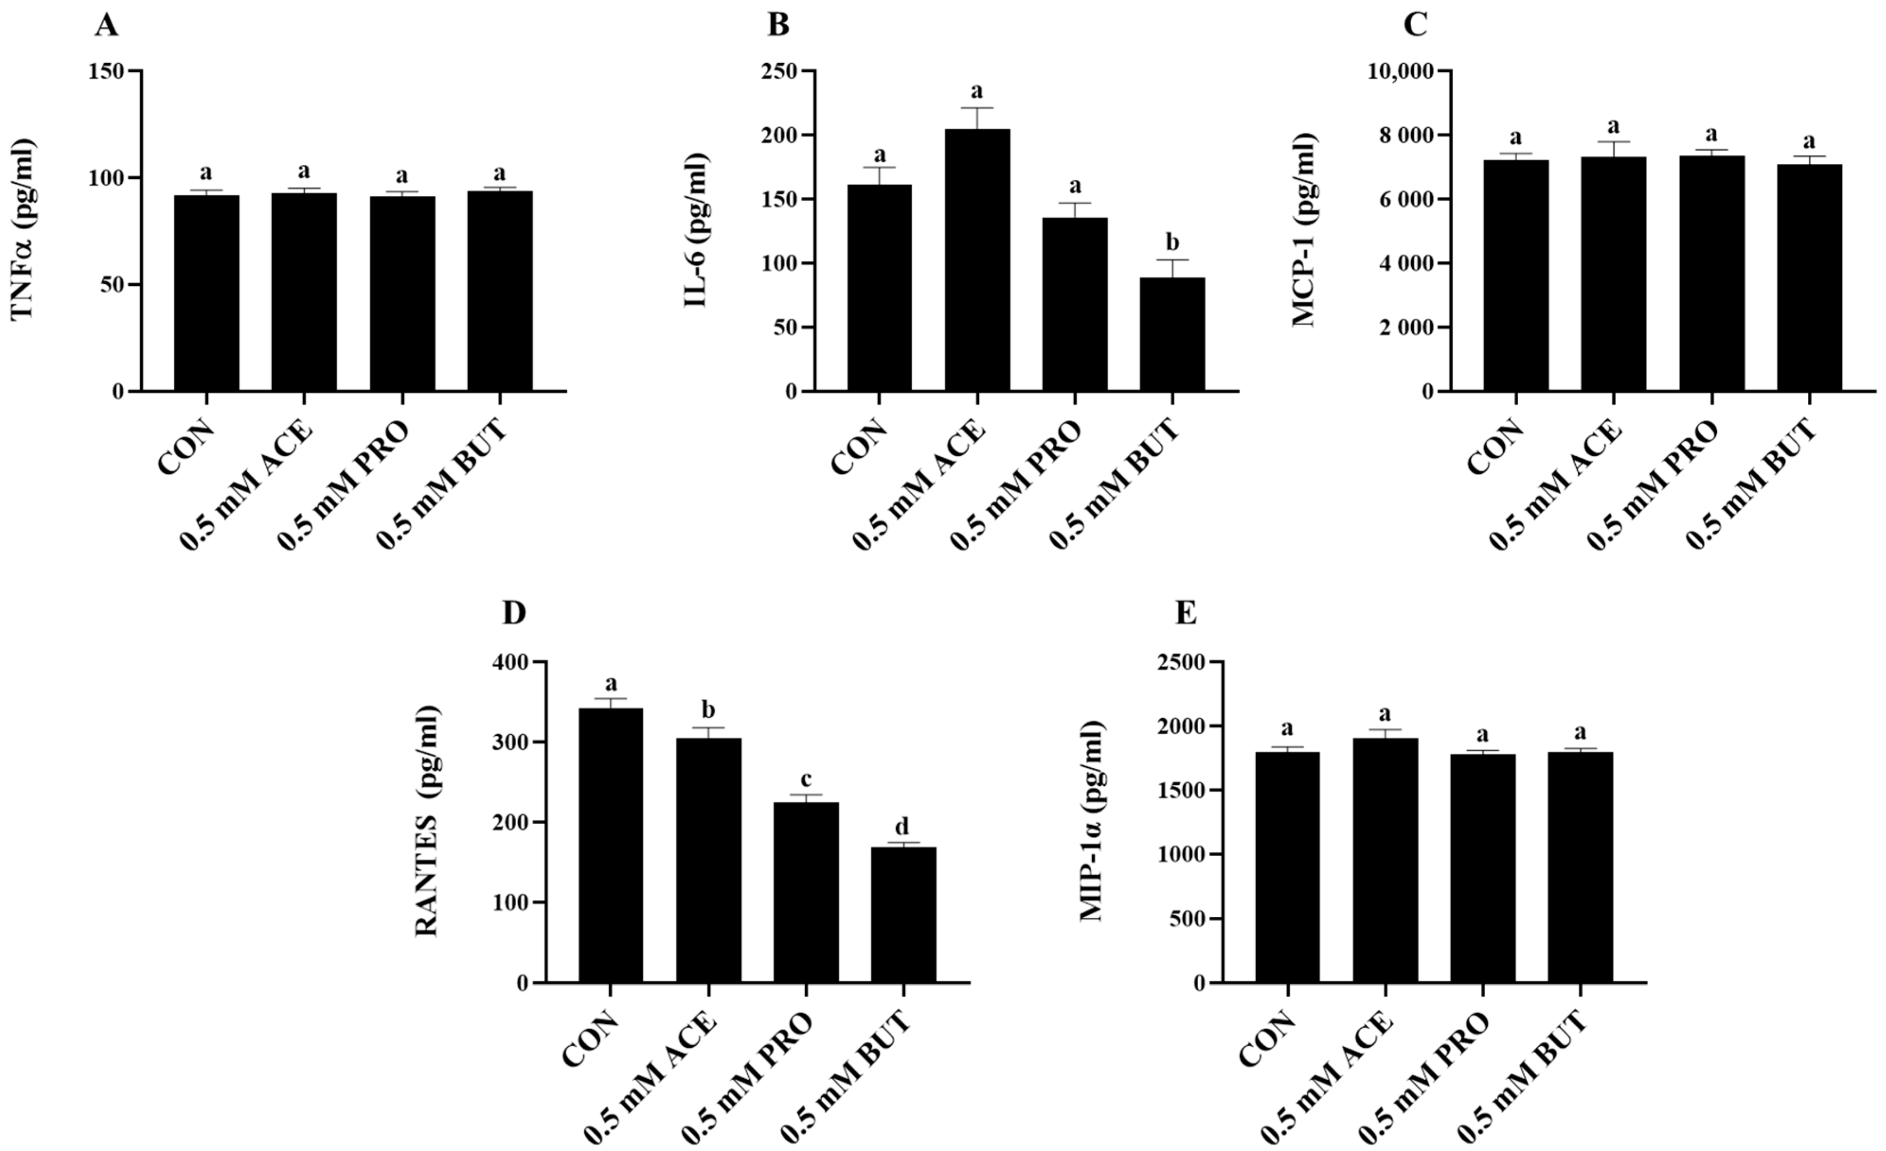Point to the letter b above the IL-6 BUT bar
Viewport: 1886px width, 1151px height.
1172,242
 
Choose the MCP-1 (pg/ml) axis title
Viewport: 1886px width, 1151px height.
1303,230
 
